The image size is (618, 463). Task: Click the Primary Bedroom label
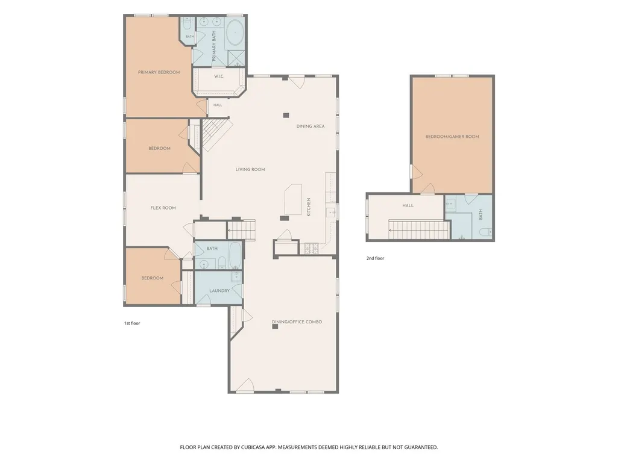pyautogui.click(x=159, y=72)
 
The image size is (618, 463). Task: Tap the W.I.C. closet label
pyautogui.click(x=219, y=76)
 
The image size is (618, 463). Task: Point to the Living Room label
pyautogui.click(x=250, y=170)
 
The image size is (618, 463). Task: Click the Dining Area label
pyautogui.click(x=311, y=126)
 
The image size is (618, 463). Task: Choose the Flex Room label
pyautogui.click(x=163, y=208)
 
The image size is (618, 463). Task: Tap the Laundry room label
pyautogui.click(x=219, y=291)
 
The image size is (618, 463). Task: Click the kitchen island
pyautogui.click(x=293, y=200)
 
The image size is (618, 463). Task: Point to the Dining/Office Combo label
pyautogui.click(x=297, y=322)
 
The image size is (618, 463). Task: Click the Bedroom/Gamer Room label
pyautogui.click(x=452, y=137)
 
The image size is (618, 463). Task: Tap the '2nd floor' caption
pyautogui.click(x=375, y=258)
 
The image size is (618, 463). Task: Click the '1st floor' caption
pyautogui.click(x=132, y=323)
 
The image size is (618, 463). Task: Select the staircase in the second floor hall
pyautogui.click(x=419, y=229)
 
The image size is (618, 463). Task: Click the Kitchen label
pyautogui.click(x=309, y=207)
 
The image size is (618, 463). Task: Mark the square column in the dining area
pyautogui.click(x=286, y=116)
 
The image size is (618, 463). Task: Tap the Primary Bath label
pyautogui.click(x=215, y=46)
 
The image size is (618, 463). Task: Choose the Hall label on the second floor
pyautogui.click(x=408, y=205)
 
